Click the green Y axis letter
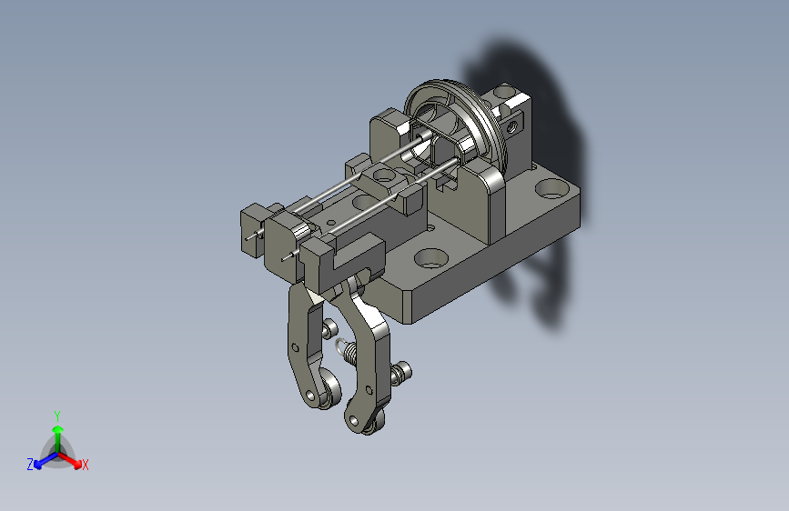(57, 416)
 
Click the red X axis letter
(85, 465)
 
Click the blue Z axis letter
(30, 465)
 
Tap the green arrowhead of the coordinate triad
(58, 430)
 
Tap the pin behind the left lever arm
(329, 327)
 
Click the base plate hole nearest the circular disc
(551, 190)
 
